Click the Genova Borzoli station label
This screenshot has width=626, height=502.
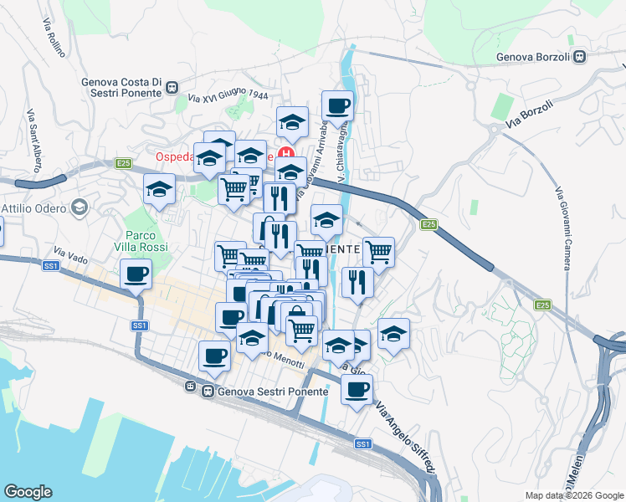click(x=533, y=57)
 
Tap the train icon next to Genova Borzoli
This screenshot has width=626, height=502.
click(x=579, y=57)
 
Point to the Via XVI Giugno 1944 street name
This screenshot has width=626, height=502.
click(x=228, y=98)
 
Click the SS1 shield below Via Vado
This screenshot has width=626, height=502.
click(x=51, y=266)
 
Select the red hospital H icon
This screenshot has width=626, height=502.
click(x=285, y=156)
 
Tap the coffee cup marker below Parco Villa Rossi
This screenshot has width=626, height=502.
click(x=136, y=274)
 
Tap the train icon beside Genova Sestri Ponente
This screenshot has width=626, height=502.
click(x=191, y=387)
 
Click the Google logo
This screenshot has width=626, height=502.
click(x=28, y=492)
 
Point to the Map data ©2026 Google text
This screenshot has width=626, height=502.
click(x=574, y=495)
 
